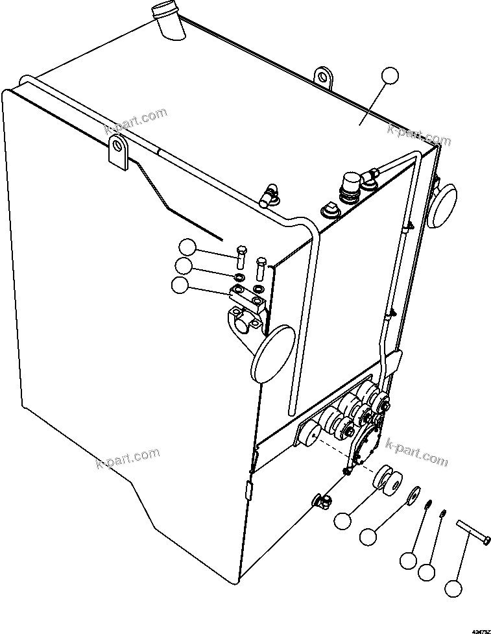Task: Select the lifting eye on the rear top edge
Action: [x=323, y=77]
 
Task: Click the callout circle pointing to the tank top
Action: [x=389, y=75]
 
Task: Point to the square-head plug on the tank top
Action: [x=328, y=212]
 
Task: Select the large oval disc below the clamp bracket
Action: [x=272, y=354]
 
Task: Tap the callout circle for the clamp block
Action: [x=179, y=284]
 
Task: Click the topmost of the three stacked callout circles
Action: [x=187, y=247]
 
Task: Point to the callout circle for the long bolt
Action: [x=454, y=589]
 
